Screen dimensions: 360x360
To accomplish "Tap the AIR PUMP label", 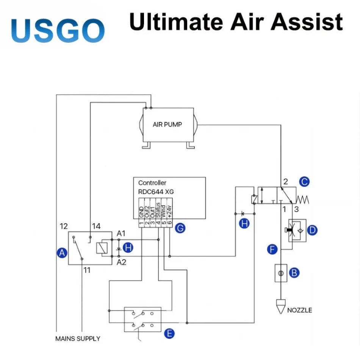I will click(x=167, y=124).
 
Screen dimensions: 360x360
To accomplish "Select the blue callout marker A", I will click(x=61, y=253).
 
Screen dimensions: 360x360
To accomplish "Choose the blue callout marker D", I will click(x=312, y=230).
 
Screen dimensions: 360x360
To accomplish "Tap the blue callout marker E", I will click(x=169, y=333).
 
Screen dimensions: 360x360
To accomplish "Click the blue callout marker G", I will click(x=180, y=228).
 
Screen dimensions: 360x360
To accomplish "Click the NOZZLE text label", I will click(x=299, y=310).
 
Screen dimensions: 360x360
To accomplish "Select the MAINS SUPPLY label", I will click(x=78, y=338).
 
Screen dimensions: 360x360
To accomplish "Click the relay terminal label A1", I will click(x=121, y=233).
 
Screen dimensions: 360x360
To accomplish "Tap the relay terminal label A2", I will click(x=121, y=262).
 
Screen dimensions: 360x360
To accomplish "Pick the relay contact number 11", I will click(x=87, y=270).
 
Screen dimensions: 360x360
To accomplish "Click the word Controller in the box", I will click(x=152, y=183).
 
